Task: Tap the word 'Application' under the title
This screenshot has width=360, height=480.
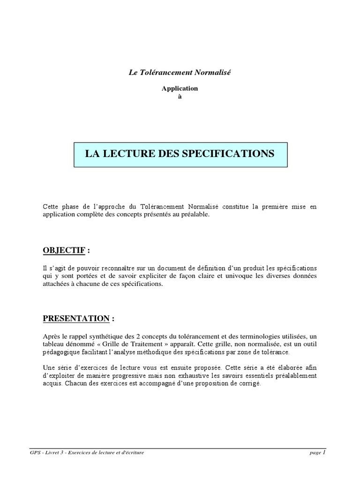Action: (x=180, y=88)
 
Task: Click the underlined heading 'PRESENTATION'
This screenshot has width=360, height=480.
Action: (x=76, y=318)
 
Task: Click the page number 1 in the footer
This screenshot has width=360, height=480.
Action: (x=324, y=452)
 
